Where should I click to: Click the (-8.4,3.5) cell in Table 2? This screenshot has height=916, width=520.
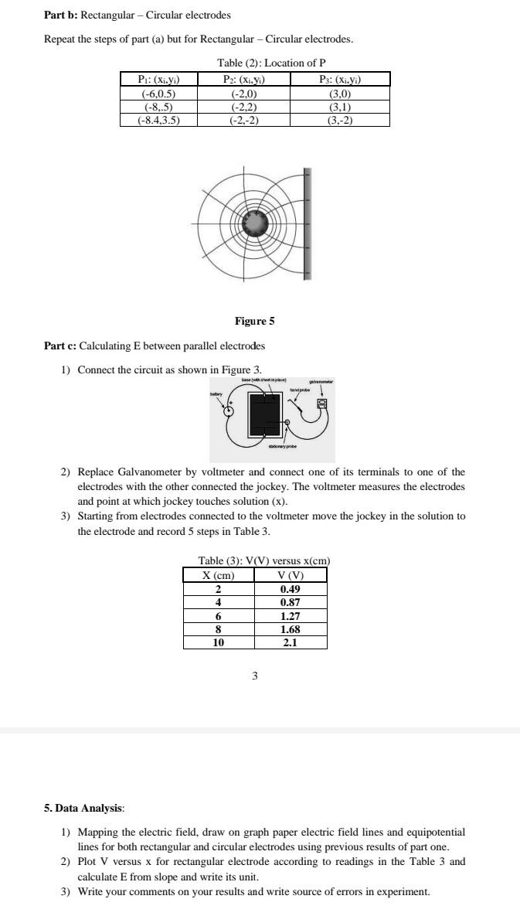coord(158,121)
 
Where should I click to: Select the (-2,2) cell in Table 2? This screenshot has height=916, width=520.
coord(244,108)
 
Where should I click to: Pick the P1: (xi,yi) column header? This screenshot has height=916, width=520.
coord(158,79)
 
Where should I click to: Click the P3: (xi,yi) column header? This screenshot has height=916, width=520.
coord(340,79)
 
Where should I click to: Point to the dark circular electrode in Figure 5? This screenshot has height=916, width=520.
coord(254,223)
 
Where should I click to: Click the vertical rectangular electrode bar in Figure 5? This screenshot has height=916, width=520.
coord(307,223)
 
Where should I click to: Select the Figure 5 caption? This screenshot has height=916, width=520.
coord(254,321)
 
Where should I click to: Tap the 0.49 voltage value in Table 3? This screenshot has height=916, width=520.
coord(291,588)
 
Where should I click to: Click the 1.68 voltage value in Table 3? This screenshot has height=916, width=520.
coord(291,628)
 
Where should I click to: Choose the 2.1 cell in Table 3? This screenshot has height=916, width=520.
coord(291,642)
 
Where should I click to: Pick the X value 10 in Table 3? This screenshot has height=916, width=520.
coord(219,642)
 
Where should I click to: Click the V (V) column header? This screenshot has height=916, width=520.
coord(291,575)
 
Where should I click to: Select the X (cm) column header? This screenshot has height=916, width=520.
coord(219,575)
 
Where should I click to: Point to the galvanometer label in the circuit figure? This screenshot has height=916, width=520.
coord(321,381)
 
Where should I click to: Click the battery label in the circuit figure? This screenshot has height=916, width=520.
coord(216,394)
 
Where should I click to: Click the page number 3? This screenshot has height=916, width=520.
coord(255,676)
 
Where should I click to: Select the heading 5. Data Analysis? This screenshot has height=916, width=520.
coord(83,808)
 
